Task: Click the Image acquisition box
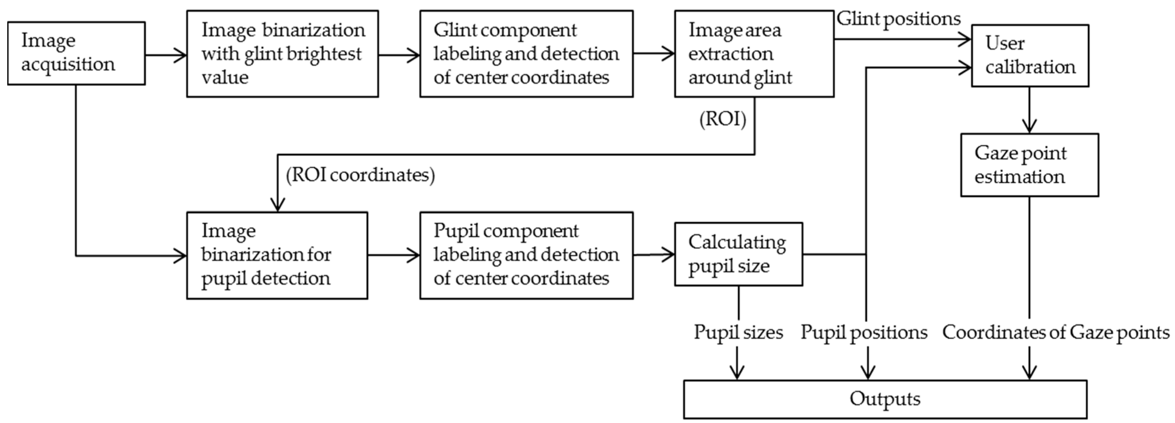click(x=76, y=53)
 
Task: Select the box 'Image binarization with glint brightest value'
click(x=282, y=54)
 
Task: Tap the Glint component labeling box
click(x=526, y=54)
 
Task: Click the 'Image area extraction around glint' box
click(x=754, y=54)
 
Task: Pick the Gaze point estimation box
click(x=1029, y=165)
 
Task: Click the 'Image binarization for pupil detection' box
click(x=277, y=255)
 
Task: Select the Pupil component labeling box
click(x=526, y=255)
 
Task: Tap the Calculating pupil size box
click(x=738, y=254)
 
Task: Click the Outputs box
click(x=884, y=399)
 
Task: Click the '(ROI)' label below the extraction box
click(x=723, y=119)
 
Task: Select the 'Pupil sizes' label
click(x=738, y=332)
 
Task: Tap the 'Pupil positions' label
click(x=864, y=332)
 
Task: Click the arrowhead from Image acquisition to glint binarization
click(x=181, y=56)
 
